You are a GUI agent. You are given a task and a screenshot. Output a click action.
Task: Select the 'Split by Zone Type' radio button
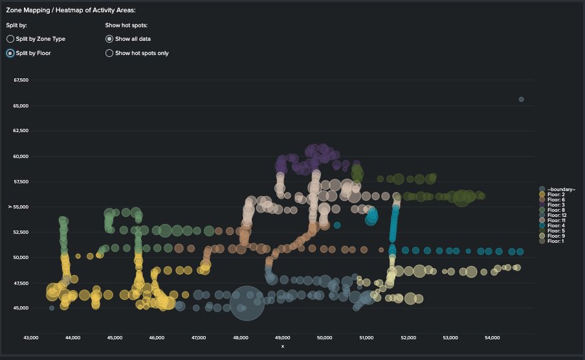click(x=10, y=39)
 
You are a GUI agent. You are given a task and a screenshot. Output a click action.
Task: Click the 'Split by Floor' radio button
click(x=10, y=53)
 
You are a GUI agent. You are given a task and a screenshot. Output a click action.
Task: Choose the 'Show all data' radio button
click(x=109, y=39)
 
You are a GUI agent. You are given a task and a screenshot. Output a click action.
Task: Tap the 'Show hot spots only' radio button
click(x=109, y=53)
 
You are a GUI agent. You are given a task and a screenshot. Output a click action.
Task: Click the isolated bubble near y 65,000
click(x=522, y=99)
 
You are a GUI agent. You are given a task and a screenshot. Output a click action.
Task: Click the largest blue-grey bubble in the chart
click(x=247, y=303)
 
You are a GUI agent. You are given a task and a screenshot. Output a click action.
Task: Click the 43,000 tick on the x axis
click(x=31, y=337)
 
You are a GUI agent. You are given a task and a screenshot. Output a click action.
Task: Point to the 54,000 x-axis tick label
click(x=492, y=337)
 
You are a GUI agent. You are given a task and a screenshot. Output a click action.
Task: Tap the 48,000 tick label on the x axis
click(x=241, y=337)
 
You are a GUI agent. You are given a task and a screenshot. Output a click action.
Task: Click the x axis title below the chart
click(x=282, y=346)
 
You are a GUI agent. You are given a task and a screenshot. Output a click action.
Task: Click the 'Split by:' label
click(x=16, y=25)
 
